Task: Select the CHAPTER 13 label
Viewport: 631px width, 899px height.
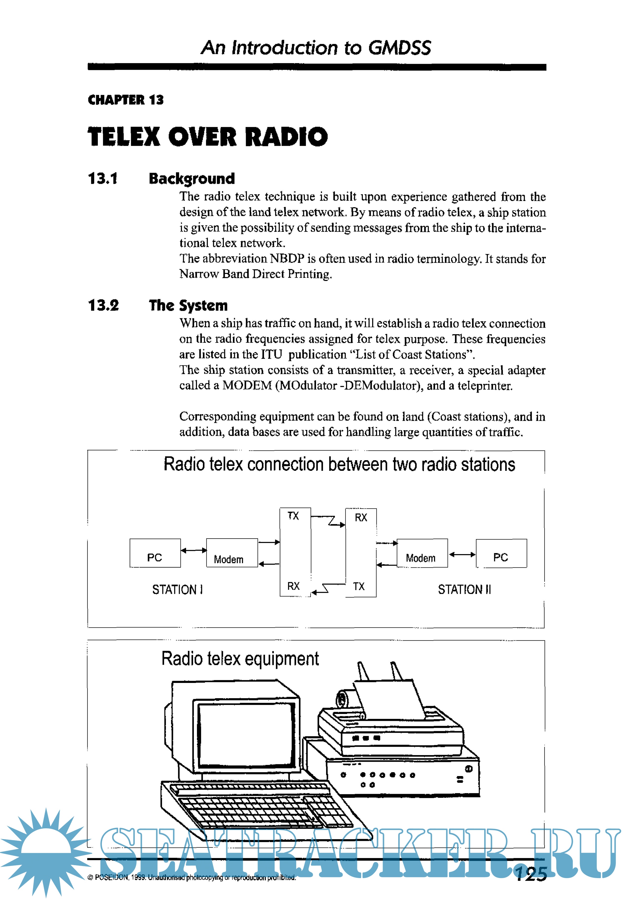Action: point(125,100)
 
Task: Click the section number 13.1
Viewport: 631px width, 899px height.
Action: point(103,179)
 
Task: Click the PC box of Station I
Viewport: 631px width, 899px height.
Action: point(155,553)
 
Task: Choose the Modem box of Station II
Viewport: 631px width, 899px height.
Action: point(422,553)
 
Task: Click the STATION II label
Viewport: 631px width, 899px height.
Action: point(464,589)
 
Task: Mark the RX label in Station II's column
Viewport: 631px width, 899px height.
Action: point(361,518)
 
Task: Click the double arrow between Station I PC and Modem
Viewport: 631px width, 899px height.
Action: point(193,550)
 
